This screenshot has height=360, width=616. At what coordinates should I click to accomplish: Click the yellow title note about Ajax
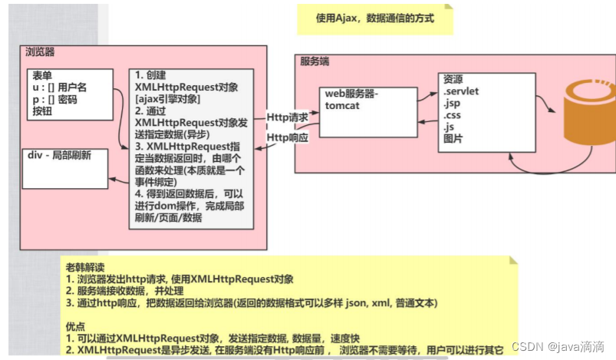tap(374, 18)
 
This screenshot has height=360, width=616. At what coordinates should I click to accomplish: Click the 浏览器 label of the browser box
tap(40, 52)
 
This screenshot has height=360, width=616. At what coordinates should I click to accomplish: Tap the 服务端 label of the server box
tap(315, 61)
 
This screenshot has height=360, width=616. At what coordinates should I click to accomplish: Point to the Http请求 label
tap(288, 117)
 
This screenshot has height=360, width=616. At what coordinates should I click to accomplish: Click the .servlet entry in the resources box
tap(461, 91)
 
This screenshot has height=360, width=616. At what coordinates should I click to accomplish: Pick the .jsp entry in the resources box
tap(452, 103)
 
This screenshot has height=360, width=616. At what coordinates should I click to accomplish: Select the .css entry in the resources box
tap(453, 115)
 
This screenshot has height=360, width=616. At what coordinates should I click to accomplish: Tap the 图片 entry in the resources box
tap(453, 140)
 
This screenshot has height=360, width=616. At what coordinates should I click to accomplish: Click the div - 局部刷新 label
tap(60, 154)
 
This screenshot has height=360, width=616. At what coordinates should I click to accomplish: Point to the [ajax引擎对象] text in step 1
tap(169, 98)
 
